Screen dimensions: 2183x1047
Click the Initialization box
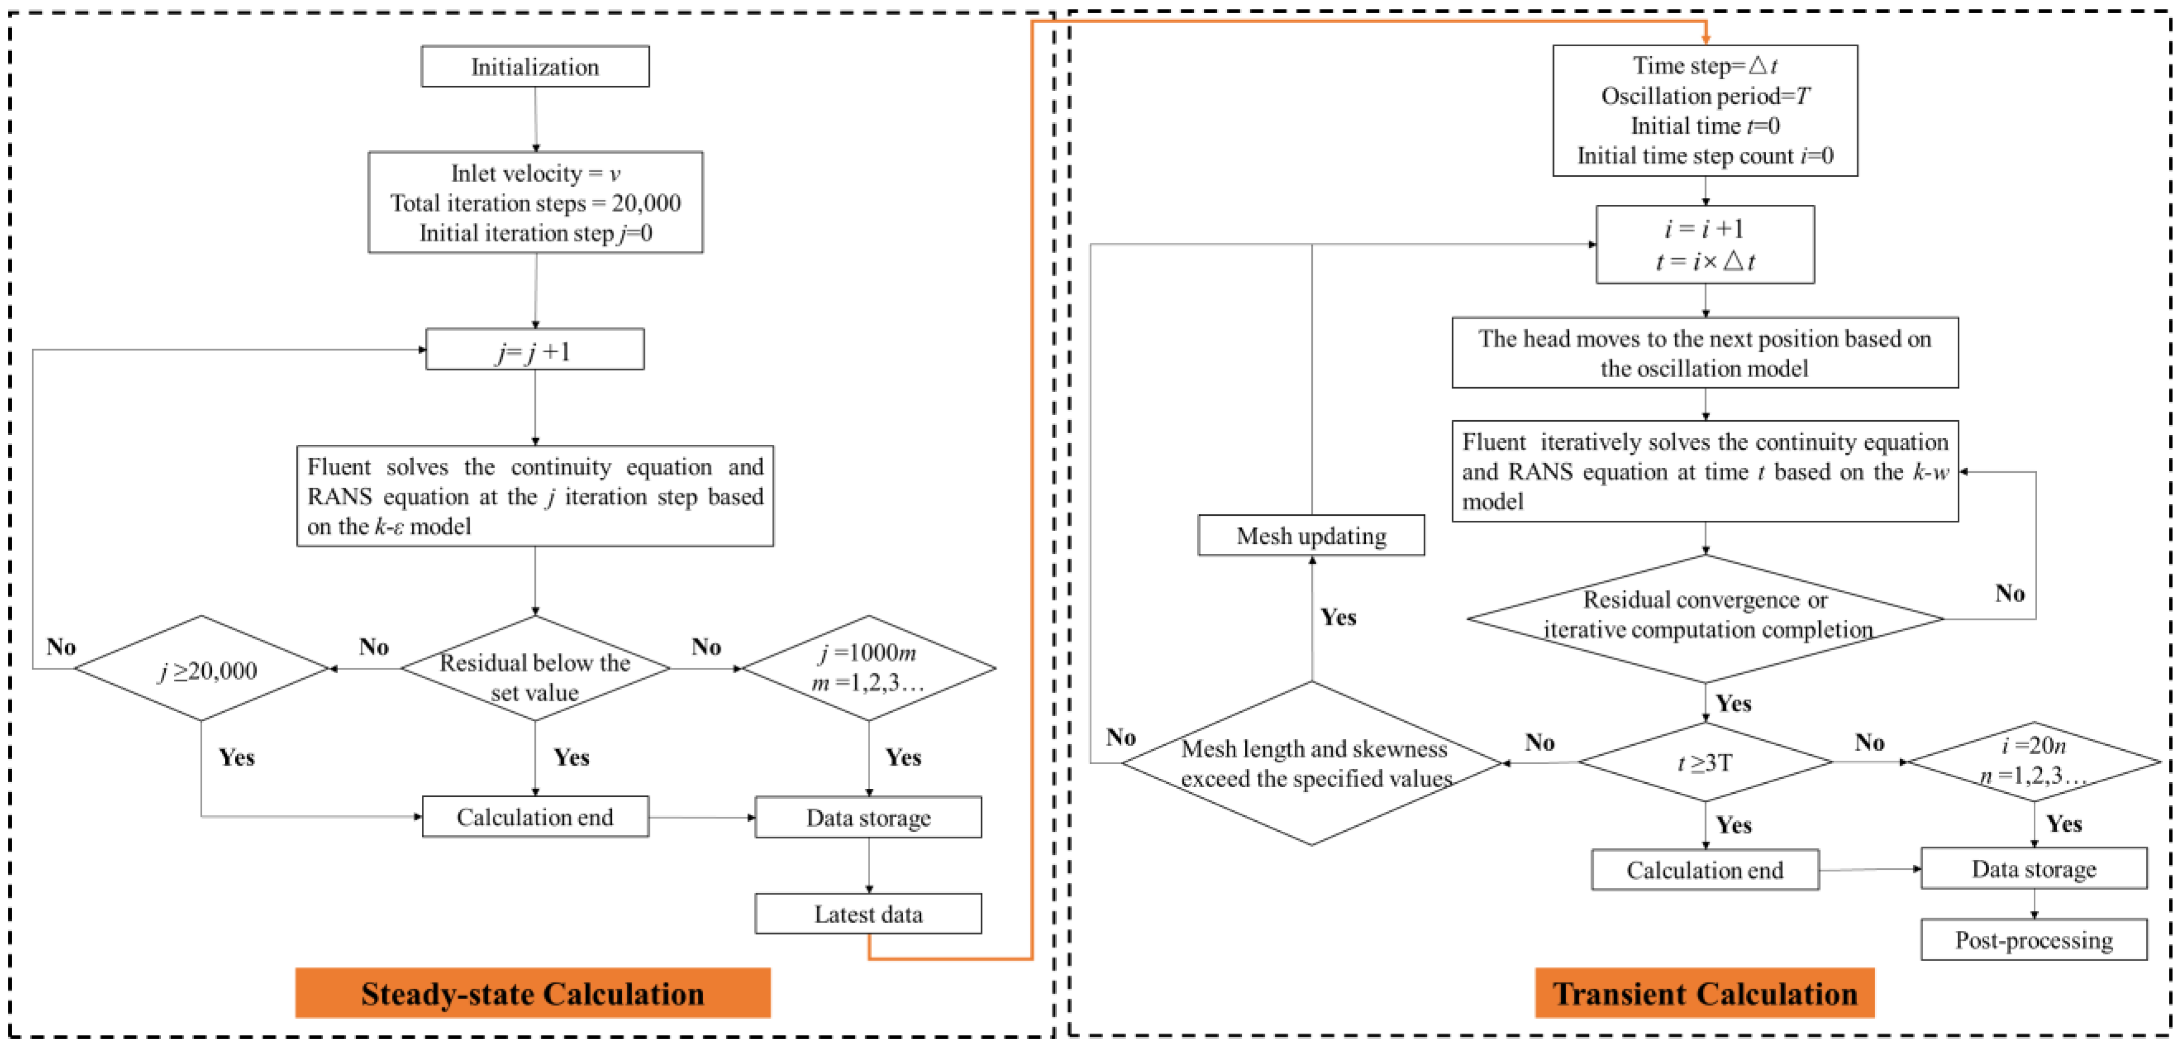tap(535, 66)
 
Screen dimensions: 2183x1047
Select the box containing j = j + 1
tap(535, 349)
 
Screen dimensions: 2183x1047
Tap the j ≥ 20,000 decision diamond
tap(202, 668)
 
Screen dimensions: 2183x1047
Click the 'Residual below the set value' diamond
tap(535, 668)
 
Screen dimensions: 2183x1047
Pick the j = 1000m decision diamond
tap(868, 668)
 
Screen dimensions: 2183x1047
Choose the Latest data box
tap(868, 914)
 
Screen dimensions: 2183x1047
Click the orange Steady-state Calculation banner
tap(533, 993)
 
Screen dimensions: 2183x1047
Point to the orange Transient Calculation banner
tap(1705, 993)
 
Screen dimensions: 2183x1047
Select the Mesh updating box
tap(1312, 536)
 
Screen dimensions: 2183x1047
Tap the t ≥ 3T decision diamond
tap(1705, 762)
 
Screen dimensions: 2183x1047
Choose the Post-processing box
tap(2034, 940)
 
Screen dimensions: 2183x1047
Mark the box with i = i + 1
tap(1705, 244)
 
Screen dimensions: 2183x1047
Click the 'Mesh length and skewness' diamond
tap(1312, 763)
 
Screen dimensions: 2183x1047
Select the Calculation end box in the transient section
tap(1705, 870)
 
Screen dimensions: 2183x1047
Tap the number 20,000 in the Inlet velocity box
tap(646, 203)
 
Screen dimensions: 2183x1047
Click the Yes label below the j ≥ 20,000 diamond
tap(236, 756)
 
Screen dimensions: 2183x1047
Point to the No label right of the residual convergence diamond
tap(2010, 593)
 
